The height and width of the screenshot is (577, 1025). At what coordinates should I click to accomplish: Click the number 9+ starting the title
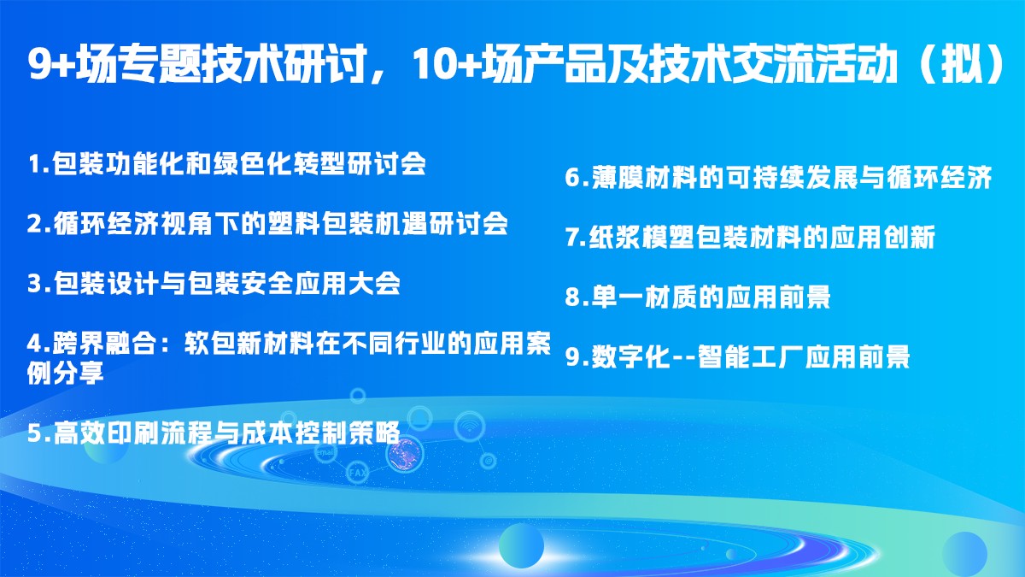pyautogui.click(x=50, y=65)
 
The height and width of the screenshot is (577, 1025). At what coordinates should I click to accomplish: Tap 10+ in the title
pyautogui.click(x=445, y=65)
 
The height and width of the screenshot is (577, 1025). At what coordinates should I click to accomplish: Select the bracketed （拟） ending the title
pyautogui.click(x=963, y=65)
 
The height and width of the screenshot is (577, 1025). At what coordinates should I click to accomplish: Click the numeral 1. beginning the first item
pyautogui.click(x=38, y=163)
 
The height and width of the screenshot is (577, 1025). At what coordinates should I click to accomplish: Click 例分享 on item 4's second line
pyautogui.click(x=66, y=373)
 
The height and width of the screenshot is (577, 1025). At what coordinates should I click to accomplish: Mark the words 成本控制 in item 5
pyautogui.click(x=293, y=433)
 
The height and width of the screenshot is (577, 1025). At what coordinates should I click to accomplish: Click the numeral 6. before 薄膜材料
pyautogui.click(x=577, y=177)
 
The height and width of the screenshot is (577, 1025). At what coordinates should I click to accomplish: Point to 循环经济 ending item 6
pyautogui.click(x=940, y=177)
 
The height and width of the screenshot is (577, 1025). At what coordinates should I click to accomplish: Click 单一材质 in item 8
pyautogui.click(x=643, y=297)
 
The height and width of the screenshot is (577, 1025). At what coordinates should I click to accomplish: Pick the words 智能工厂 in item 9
pyautogui.click(x=750, y=356)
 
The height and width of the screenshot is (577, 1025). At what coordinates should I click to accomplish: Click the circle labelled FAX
pyautogui.click(x=357, y=472)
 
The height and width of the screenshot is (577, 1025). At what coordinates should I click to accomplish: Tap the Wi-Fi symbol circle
pyautogui.click(x=470, y=427)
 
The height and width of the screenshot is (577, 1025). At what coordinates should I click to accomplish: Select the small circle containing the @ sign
pyautogui.click(x=489, y=460)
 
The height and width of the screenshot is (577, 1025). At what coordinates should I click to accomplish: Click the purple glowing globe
pyautogui.click(x=405, y=454)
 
